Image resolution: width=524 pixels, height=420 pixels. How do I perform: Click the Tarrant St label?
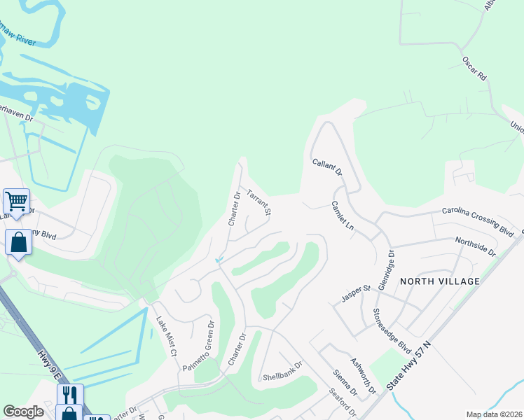(259, 201)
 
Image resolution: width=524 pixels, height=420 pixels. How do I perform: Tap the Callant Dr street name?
(327, 166)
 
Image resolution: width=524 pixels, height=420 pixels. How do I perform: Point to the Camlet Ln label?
(343, 217)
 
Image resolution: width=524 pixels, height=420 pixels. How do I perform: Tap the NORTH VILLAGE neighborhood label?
(440, 281)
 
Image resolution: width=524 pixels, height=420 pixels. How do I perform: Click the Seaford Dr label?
(343, 405)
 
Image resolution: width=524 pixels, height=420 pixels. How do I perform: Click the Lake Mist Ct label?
(165, 337)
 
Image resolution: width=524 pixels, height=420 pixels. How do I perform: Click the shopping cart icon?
(16, 201)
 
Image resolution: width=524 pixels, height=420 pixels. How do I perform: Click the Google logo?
(23, 412)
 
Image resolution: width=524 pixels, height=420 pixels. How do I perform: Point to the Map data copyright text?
(493, 414)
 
